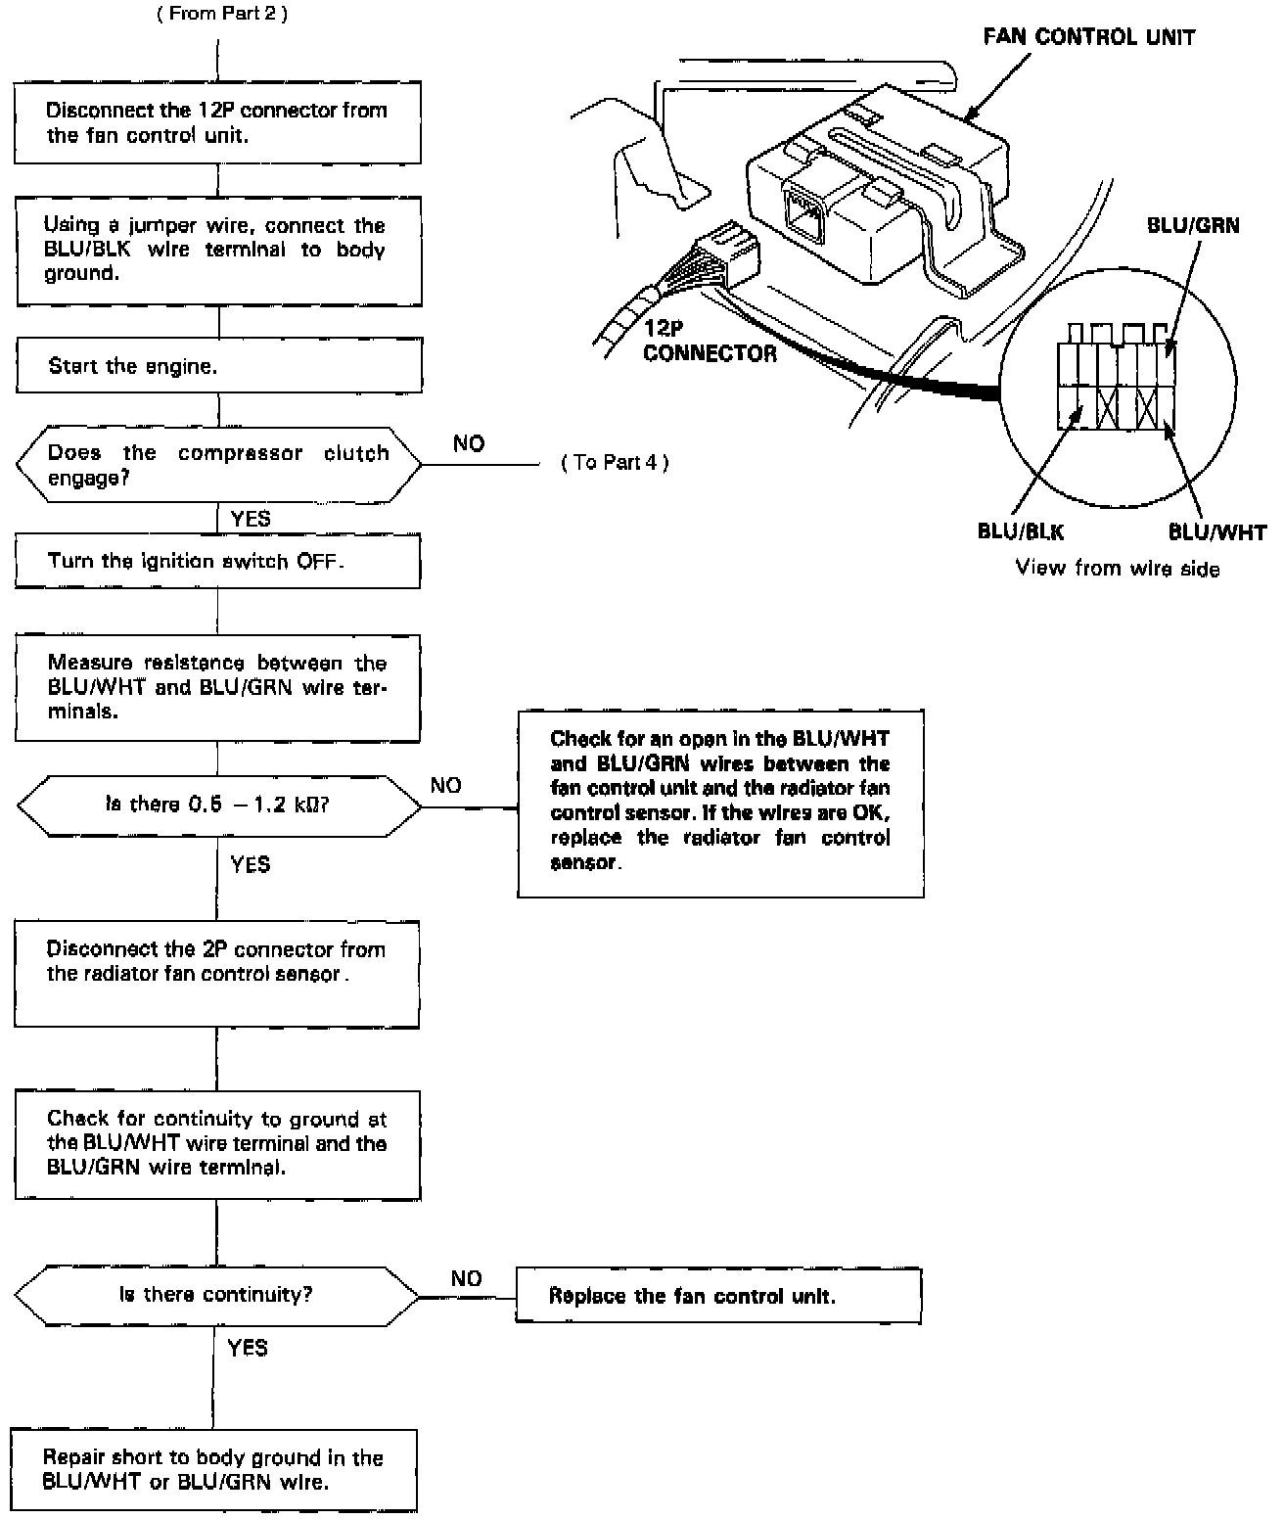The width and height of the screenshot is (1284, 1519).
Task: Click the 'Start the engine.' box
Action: pyautogui.click(x=218, y=367)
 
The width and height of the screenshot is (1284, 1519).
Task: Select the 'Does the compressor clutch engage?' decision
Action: pyautogui.click(x=218, y=465)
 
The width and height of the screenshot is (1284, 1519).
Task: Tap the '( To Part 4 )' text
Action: pyautogui.click(x=615, y=463)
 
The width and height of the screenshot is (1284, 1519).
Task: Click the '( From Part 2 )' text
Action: pyautogui.click(x=222, y=15)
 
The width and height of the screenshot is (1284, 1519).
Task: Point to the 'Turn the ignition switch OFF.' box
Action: pyautogui.click(x=217, y=562)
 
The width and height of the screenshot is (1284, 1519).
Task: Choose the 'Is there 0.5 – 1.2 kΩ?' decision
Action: pyautogui.click(x=218, y=806)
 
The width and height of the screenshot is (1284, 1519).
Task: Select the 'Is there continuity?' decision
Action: pyautogui.click(x=216, y=1295)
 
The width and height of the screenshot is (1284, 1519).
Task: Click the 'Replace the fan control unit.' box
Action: pyautogui.click(x=718, y=1296)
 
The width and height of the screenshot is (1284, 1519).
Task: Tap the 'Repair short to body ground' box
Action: pyautogui.click(x=213, y=1470)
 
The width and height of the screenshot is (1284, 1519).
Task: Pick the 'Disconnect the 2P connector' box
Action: pyautogui.click(x=216, y=974)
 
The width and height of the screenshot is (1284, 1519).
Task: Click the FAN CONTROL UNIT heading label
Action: pyautogui.click(x=1089, y=38)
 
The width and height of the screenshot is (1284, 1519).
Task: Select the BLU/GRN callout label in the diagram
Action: pyautogui.click(x=1192, y=226)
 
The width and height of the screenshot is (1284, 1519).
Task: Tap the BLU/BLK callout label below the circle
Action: pyautogui.click(x=1021, y=531)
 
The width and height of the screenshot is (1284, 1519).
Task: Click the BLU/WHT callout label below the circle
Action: pyautogui.click(x=1216, y=532)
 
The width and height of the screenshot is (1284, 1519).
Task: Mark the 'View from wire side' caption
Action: pyautogui.click(x=1118, y=569)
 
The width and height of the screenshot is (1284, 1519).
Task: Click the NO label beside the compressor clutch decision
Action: pyautogui.click(x=469, y=443)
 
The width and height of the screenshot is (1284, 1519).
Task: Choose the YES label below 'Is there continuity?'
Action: pyautogui.click(x=247, y=1348)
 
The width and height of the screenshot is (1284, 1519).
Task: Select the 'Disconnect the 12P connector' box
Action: pyautogui.click(x=217, y=122)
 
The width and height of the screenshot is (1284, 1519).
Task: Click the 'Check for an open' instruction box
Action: pyautogui.click(x=720, y=803)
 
